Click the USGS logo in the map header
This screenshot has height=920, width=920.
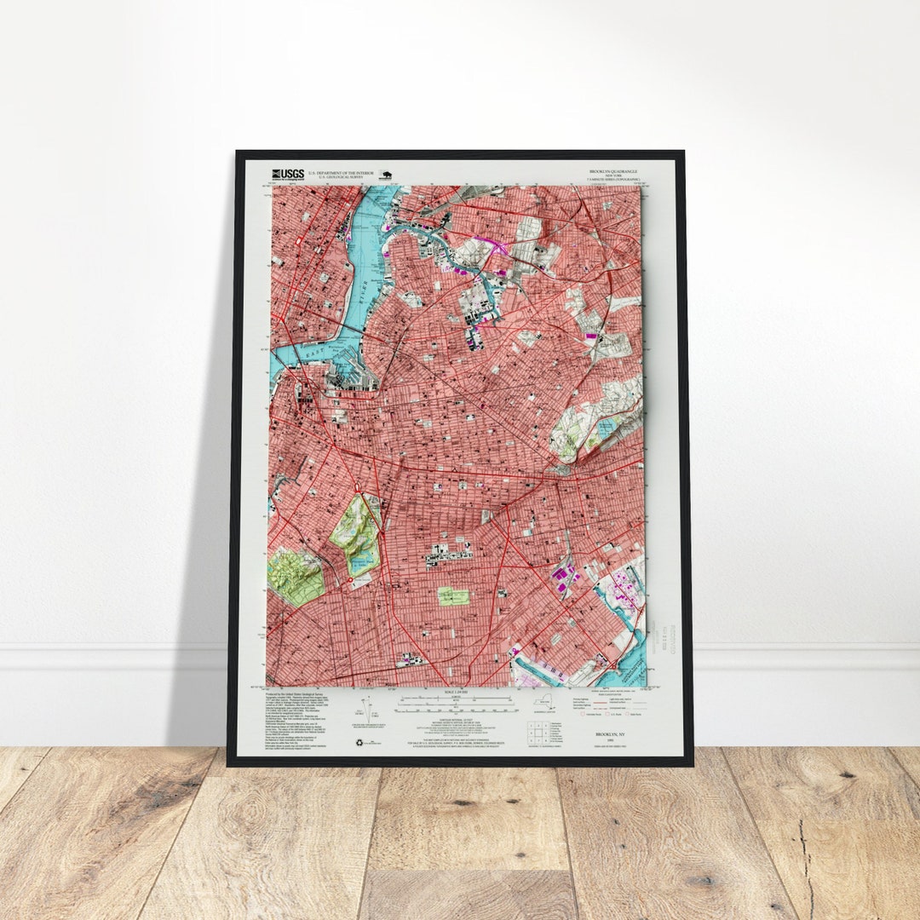288,174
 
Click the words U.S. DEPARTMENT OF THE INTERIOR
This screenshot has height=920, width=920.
338,171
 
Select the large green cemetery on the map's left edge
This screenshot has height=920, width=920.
294,577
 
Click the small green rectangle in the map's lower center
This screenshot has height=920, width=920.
453,595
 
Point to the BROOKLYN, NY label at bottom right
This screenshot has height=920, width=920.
610,733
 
